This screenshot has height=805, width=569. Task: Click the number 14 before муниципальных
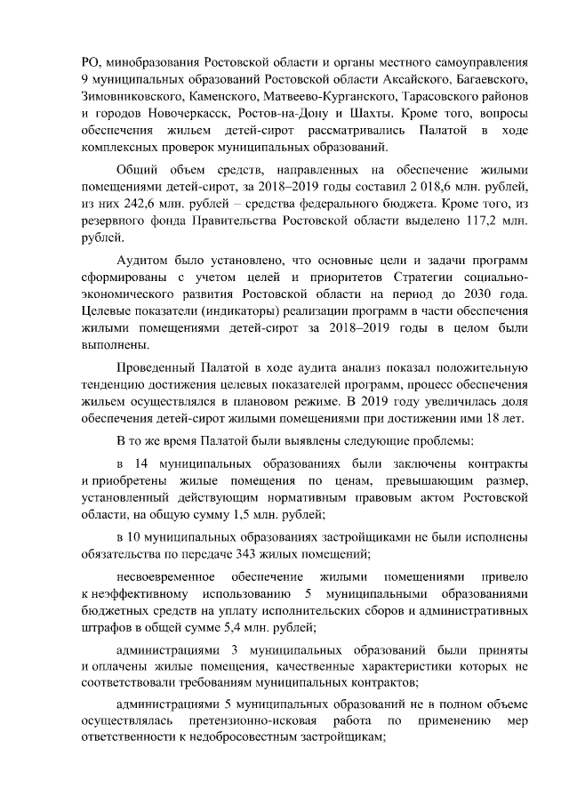tap(140, 464)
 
